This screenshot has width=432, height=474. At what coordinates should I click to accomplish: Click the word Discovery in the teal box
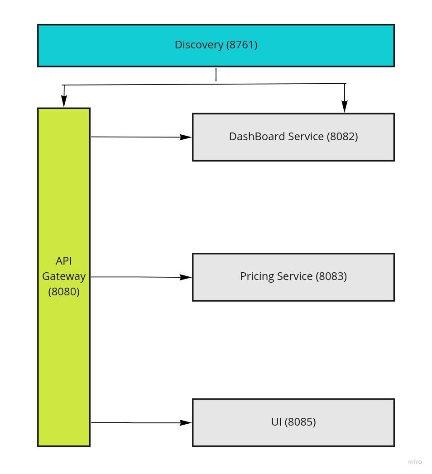pyautogui.click(x=198, y=45)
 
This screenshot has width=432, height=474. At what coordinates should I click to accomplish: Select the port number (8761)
pyautogui.click(x=241, y=45)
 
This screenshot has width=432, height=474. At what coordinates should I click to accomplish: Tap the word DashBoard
pyautogui.click(x=253, y=137)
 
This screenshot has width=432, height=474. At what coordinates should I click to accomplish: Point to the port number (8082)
pyautogui.click(x=342, y=137)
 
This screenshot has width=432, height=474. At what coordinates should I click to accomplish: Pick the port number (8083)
pyautogui.click(x=331, y=276)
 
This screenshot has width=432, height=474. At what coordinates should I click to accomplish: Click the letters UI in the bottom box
pyautogui.click(x=276, y=422)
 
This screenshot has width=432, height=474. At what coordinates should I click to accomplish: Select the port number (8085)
pyautogui.click(x=300, y=422)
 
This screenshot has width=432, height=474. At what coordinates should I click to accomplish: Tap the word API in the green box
pyautogui.click(x=64, y=261)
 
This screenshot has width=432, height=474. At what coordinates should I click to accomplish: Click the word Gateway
pyautogui.click(x=64, y=276)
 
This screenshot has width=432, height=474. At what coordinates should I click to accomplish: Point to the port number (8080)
pyautogui.click(x=64, y=291)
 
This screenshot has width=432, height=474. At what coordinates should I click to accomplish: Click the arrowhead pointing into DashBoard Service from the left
pyautogui.click(x=186, y=137)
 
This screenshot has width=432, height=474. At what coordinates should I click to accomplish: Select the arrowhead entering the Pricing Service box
pyautogui.click(x=186, y=277)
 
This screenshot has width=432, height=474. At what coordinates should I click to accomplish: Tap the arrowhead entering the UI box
pyautogui.click(x=186, y=423)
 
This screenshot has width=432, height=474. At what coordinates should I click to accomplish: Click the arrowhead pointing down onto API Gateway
pyautogui.click(x=64, y=102)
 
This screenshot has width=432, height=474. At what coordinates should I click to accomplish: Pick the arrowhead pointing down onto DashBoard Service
pyautogui.click(x=345, y=107)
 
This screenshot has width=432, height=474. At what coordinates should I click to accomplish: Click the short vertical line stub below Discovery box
pyautogui.click(x=216, y=75)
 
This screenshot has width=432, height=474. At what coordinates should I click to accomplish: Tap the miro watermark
pyautogui.click(x=415, y=462)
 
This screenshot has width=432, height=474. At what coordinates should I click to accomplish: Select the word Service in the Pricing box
pyautogui.click(x=295, y=276)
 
